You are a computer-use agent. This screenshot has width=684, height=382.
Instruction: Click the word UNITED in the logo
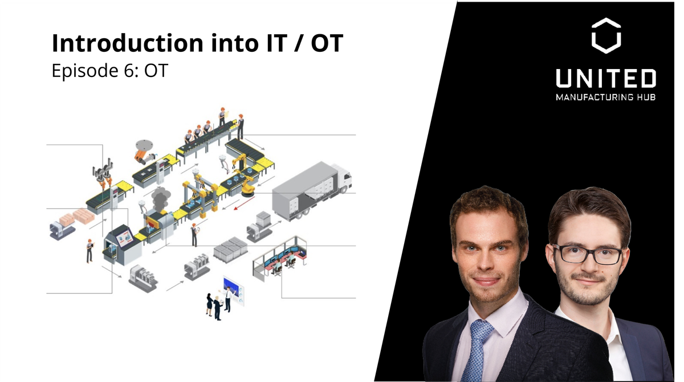[x=605, y=79]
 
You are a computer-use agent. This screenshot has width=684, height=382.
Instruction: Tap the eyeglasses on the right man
[x=587, y=254]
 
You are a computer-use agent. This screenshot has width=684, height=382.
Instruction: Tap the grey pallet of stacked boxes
[x=230, y=247]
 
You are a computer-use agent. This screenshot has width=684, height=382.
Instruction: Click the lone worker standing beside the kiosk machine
[x=89, y=250]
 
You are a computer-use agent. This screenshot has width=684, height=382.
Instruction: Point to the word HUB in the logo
[x=646, y=97]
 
